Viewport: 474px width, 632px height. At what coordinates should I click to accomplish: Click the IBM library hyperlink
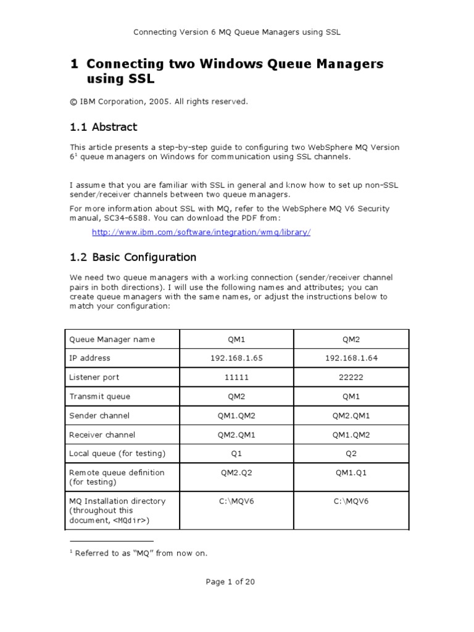pos(201,232)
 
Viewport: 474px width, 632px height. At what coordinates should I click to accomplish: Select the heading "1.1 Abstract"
pos(103,127)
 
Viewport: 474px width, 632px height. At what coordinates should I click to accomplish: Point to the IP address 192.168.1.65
pos(236,358)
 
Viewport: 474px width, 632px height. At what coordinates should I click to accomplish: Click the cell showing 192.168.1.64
pos(351,358)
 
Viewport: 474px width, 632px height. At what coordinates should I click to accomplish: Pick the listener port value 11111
pos(236,377)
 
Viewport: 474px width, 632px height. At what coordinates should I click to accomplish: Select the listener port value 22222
pos(351,377)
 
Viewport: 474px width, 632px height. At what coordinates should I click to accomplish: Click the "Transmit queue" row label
pos(99,396)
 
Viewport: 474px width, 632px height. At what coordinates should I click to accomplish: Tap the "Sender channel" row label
pos(99,415)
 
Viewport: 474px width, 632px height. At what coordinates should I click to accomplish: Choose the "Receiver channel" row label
pos(102,434)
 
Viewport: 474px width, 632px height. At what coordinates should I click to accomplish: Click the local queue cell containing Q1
pos(236,454)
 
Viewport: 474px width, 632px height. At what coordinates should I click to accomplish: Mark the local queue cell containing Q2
pos(351,454)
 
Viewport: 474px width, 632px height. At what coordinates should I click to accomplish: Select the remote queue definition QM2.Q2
pos(236,473)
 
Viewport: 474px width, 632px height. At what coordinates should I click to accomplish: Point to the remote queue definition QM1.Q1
pos(351,473)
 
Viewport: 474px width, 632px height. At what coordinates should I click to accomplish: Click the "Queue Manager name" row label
pos(112,339)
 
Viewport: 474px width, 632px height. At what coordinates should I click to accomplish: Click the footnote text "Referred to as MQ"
pos(141,553)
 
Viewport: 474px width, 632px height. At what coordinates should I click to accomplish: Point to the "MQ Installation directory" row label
pos(117,501)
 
